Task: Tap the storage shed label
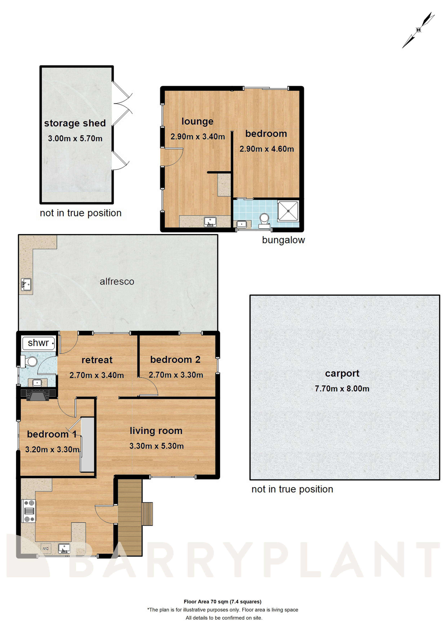[x=75, y=123]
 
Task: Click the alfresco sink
[x=26, y=284]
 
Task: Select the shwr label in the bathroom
[x=38, y=343]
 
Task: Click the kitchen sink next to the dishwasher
[x=64, y=548]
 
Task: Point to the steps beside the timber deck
[x=147, y=514]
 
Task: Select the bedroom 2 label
[x=175, y=359]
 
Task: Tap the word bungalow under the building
[x=283, y=240]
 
